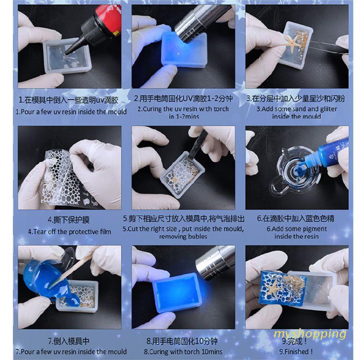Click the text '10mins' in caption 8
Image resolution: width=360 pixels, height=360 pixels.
point(210,351)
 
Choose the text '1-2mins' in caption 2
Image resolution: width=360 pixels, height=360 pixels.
point(188,117)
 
